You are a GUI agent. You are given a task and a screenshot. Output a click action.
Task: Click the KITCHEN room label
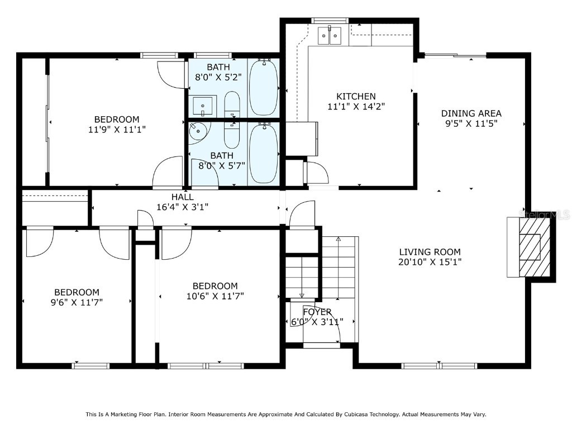point(356,96)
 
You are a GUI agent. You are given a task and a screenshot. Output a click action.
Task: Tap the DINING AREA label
point(471,113)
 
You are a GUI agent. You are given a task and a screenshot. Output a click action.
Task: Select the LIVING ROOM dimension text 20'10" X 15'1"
point(430,261)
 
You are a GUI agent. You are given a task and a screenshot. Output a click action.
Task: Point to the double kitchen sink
point(330,36)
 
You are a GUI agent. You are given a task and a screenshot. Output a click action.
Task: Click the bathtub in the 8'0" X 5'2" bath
point(263,87)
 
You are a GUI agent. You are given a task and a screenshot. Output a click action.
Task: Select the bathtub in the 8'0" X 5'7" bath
point(263,153)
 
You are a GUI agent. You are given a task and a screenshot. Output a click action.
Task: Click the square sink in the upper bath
point(203,105)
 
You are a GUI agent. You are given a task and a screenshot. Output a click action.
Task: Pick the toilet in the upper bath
point(232,104)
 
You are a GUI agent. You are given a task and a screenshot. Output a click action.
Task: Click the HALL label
point(183,197)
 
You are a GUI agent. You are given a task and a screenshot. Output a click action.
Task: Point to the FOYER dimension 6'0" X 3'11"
point(317,322)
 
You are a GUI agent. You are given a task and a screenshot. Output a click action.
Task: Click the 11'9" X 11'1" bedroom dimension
point(116,129)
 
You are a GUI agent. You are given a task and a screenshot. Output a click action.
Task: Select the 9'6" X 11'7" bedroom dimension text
point(77,302)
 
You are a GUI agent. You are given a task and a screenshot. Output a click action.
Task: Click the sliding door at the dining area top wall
point(455,55)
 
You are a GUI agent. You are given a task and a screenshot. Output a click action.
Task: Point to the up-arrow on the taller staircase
point(339,240)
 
